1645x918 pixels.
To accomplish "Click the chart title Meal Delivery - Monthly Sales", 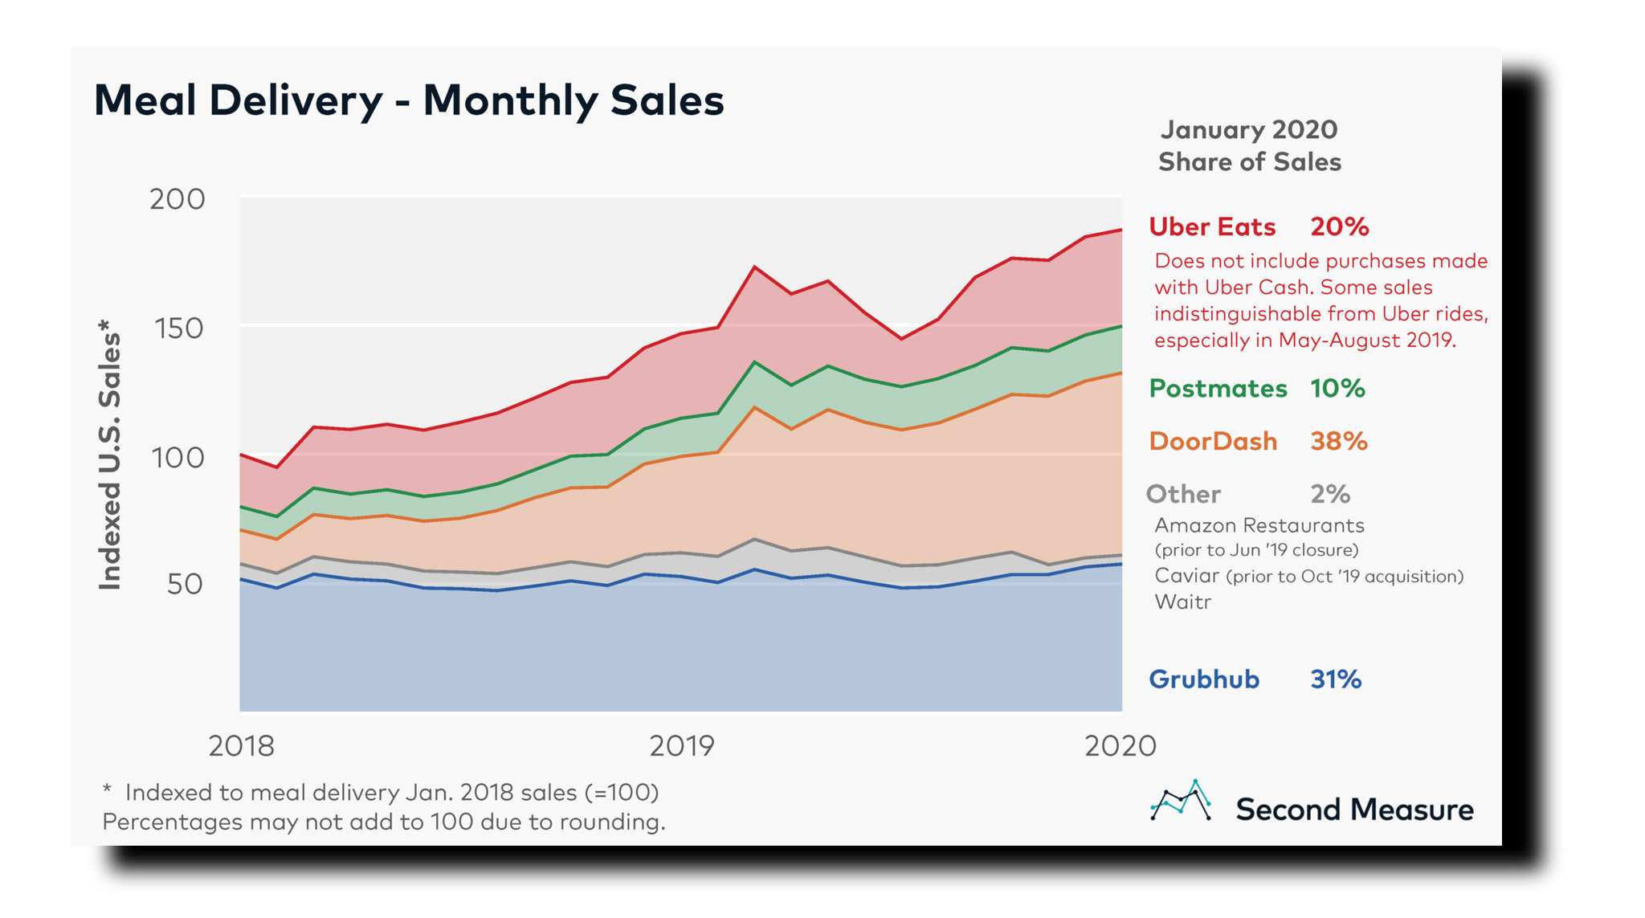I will coord(409,101).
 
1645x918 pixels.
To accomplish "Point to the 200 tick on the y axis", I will coord(178,199).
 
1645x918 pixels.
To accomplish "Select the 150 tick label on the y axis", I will coord(178,328).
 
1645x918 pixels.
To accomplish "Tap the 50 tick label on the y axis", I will coord(186,584).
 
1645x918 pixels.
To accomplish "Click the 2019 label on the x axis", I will coord(681,746).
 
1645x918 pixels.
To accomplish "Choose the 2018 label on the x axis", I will coord(241,746).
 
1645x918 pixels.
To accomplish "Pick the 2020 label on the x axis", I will coord(1120,746).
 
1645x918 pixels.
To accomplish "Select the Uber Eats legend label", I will coord(1212,227).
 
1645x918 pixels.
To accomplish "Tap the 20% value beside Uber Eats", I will coord(1339,227).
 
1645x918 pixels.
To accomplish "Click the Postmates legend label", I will coord(1218,389).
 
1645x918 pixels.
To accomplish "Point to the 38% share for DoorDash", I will coord(1338,441).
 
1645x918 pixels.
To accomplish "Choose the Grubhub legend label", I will coord(1204,679).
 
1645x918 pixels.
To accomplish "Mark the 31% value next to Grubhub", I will coord(1336,679).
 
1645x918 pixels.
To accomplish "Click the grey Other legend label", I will coord(1183,494).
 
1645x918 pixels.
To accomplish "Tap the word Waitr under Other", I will coord(1182,602).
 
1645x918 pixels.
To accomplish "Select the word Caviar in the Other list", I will coord(1186,576).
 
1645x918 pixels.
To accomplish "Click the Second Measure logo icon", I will coord(1180,801).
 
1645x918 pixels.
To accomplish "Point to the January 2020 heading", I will coord(1249,130).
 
